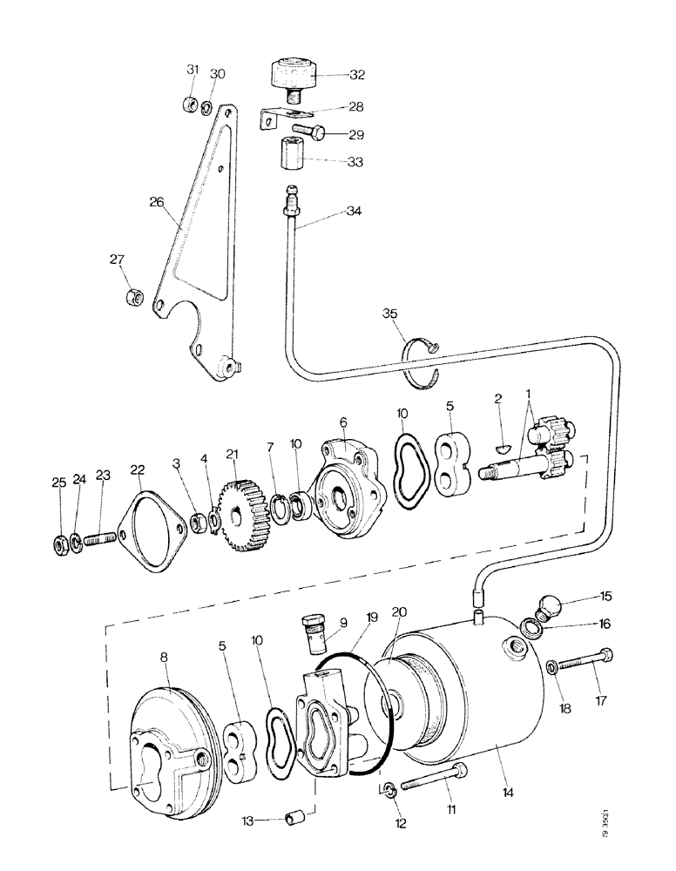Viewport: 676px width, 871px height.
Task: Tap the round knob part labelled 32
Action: pos(293,73)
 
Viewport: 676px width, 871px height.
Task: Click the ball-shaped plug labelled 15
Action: pos(552,605)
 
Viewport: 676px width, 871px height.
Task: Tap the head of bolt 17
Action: pos(606,655)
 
